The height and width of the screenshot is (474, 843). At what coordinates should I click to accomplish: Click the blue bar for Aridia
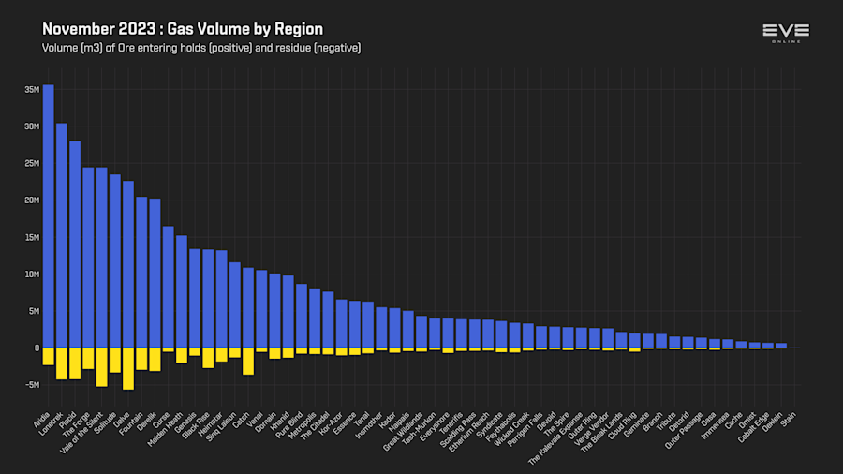(x=48, y=215)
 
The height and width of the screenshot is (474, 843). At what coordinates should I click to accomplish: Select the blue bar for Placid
(x=75, y=244)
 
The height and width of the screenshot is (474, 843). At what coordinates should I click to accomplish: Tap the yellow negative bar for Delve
(x=128, y=368)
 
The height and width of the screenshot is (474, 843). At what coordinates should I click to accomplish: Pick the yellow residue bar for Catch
(x=248, y=361)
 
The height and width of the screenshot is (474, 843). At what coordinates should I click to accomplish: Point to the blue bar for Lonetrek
(x=62, y=235)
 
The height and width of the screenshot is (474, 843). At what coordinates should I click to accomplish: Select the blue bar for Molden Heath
(x=182, y=291)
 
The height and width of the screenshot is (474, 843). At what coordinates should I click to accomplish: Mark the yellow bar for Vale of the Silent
(x=101, y=366)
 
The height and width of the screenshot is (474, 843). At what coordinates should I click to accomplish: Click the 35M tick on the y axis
(x=32, y=90)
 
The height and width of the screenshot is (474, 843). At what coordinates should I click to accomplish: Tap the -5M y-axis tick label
(x=32, y=385)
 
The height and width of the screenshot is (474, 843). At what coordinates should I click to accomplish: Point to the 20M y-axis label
(x=32, y=200)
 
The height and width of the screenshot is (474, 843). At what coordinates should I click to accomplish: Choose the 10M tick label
(x=32, y=274)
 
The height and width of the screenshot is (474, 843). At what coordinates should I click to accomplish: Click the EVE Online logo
(x=785, y=32)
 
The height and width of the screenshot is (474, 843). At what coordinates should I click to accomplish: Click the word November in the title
(x=74, y=29)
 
